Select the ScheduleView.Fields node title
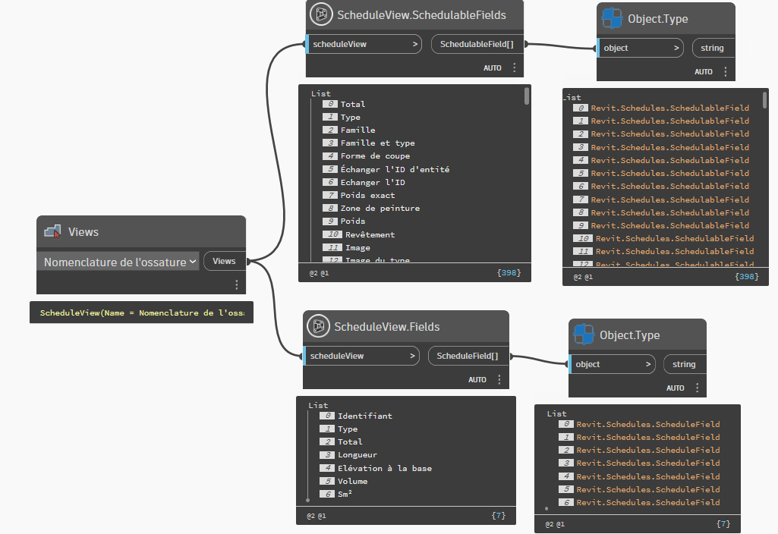pos(387,327)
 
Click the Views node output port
pos(224,261)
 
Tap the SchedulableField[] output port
pos(475,44)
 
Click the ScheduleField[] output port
pos(468,356)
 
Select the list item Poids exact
pos(367,195)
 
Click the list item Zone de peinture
pos(380,208)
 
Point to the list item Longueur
pos(358,455)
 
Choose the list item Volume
pos(352,481)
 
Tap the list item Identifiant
pos(364,416)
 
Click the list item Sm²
pos(345,494)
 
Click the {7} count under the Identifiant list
pos(498,516)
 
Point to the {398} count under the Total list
pos(509,272)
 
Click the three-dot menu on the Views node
pos(237,284)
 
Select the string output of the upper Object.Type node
pos(712,48)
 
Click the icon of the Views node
pos(52,232)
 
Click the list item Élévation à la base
pos(384,468)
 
